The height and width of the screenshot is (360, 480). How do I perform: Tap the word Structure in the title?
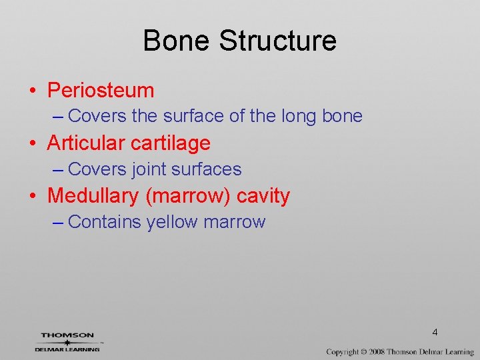(x=277, y=41)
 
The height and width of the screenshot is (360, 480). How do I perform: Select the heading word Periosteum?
(x=101, y=90)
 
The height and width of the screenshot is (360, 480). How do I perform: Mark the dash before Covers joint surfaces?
(x=57, y=170)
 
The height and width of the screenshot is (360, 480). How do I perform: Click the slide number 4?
(x=435, y=331)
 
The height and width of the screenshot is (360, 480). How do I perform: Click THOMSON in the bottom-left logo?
(x=67, y=335)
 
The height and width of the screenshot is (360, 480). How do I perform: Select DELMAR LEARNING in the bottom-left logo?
(x=67, y=349)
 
